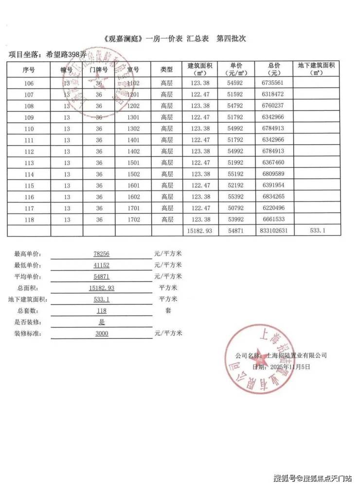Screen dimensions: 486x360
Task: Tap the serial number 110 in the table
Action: coord(29,129)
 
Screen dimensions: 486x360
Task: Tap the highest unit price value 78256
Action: coord(101,254)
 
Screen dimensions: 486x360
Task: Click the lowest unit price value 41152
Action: coord(101,265)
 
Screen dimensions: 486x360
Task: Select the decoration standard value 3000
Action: coord(101,334)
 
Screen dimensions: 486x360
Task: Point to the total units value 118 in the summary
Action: coord(101,310)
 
